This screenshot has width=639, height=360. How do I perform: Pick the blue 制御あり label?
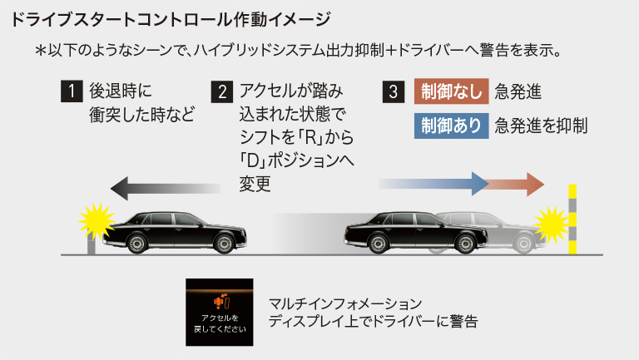pos(449,126)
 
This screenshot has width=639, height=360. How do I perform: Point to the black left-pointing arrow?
pos(166,187)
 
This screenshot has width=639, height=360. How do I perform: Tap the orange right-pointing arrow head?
pos(533,183)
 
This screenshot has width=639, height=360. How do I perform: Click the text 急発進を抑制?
pos(541,126)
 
